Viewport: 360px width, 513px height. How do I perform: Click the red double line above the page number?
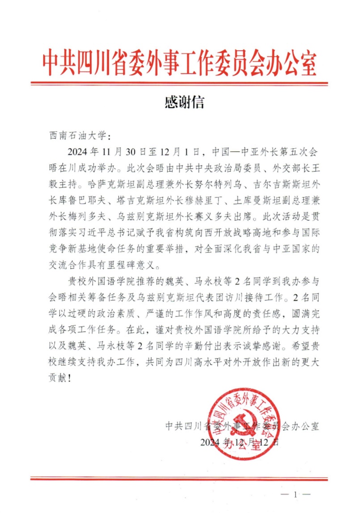[180, 478]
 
